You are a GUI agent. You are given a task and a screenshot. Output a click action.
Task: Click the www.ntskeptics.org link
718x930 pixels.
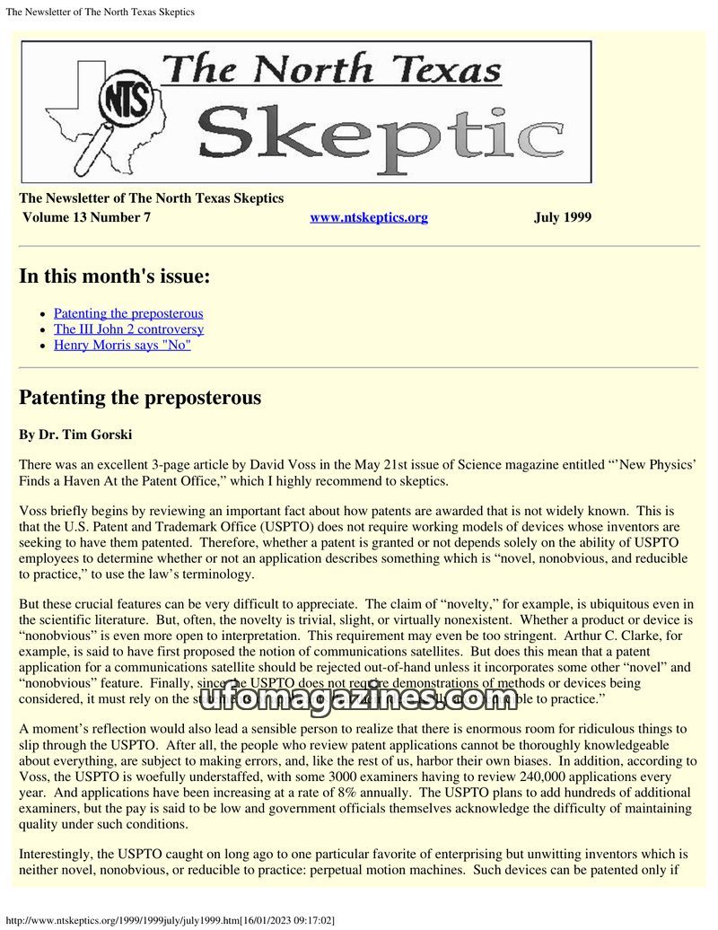pos(369,217)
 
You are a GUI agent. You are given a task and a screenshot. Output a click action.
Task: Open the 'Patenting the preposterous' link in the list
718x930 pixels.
pos(128,313)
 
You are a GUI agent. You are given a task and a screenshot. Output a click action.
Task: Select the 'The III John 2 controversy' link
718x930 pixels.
pos(128,329)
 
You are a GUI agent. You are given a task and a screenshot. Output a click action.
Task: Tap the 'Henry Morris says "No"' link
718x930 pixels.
pos(122,345)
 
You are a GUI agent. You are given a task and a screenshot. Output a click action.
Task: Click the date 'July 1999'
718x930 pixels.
pos(562,217)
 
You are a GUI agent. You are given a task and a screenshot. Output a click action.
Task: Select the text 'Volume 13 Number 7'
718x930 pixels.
pos(86,217)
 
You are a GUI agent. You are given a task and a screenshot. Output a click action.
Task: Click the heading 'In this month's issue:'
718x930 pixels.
pos(115,276)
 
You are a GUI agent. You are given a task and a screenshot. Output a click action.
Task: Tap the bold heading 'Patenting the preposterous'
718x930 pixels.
pos(140,397)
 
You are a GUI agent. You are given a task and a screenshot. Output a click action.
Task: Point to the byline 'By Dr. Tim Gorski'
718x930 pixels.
pos(75,434)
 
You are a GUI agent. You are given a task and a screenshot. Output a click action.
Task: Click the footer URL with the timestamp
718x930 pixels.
pos(170,921)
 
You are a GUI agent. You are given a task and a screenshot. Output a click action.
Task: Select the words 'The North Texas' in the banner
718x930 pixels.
pos(332,70)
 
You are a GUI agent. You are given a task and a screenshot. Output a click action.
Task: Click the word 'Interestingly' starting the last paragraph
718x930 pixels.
pos(60,855)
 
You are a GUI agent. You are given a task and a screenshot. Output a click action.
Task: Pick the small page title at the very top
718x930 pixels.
pos(100,12)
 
